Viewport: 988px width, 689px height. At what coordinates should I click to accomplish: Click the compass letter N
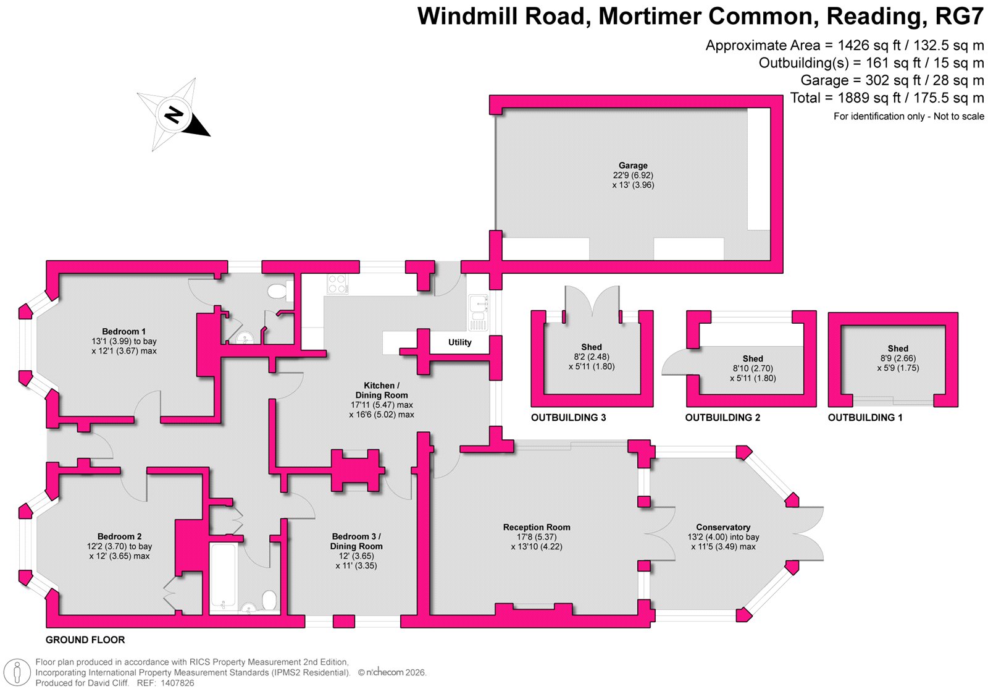174,114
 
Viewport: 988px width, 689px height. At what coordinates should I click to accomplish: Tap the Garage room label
633,166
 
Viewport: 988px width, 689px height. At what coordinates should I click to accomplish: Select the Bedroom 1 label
124,332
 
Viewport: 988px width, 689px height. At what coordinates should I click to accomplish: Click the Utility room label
459,342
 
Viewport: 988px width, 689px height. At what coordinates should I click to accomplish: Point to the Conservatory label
723,528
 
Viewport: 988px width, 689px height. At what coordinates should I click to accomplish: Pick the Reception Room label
536,528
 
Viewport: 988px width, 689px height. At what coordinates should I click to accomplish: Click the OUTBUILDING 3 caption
568,418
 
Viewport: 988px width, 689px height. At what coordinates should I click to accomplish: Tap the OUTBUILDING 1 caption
865,418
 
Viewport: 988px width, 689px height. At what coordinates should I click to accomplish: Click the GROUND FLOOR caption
85,640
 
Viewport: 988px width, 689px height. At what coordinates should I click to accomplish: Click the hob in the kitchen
337,284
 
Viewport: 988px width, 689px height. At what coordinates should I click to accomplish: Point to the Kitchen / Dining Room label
381,391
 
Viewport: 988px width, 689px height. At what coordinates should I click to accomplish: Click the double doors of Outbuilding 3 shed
592,303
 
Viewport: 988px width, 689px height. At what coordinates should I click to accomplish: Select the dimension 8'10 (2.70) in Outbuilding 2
752,369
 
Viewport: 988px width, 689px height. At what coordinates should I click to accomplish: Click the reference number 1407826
177,683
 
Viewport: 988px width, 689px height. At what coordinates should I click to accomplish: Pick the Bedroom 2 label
119,537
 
